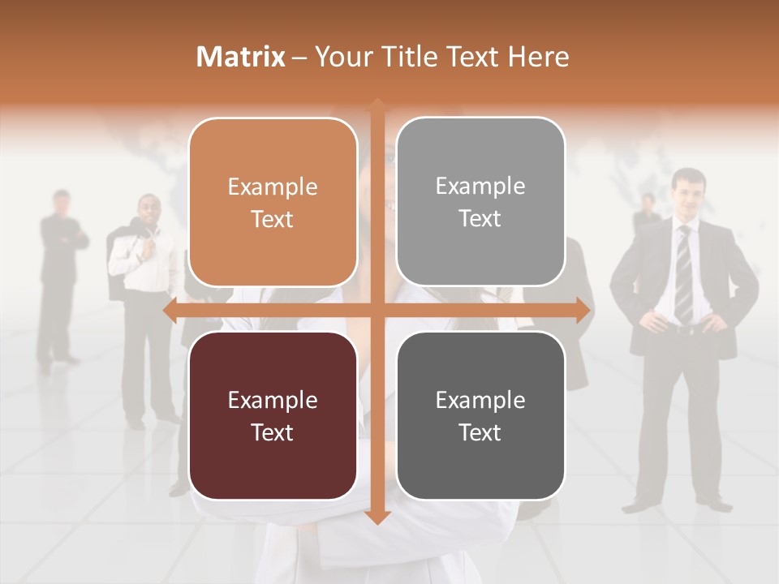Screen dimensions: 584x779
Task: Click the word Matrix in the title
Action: pos(240,57)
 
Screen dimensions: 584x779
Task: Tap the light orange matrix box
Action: pos(273,203)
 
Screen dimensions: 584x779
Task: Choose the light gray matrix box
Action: pos(480,202)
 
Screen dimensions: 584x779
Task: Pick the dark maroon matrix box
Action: pos(273,415)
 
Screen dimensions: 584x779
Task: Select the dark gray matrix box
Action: pos(480,415)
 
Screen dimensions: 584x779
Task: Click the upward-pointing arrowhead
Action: pos(377,105)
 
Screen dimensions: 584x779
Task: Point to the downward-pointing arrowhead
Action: pos(377,517)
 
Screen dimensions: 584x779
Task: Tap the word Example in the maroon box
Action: pos(273,400)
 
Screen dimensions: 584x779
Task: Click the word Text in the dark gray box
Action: pos(480,432)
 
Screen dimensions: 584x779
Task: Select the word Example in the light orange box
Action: pos(273,187)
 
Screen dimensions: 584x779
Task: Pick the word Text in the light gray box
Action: pos(480,218)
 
